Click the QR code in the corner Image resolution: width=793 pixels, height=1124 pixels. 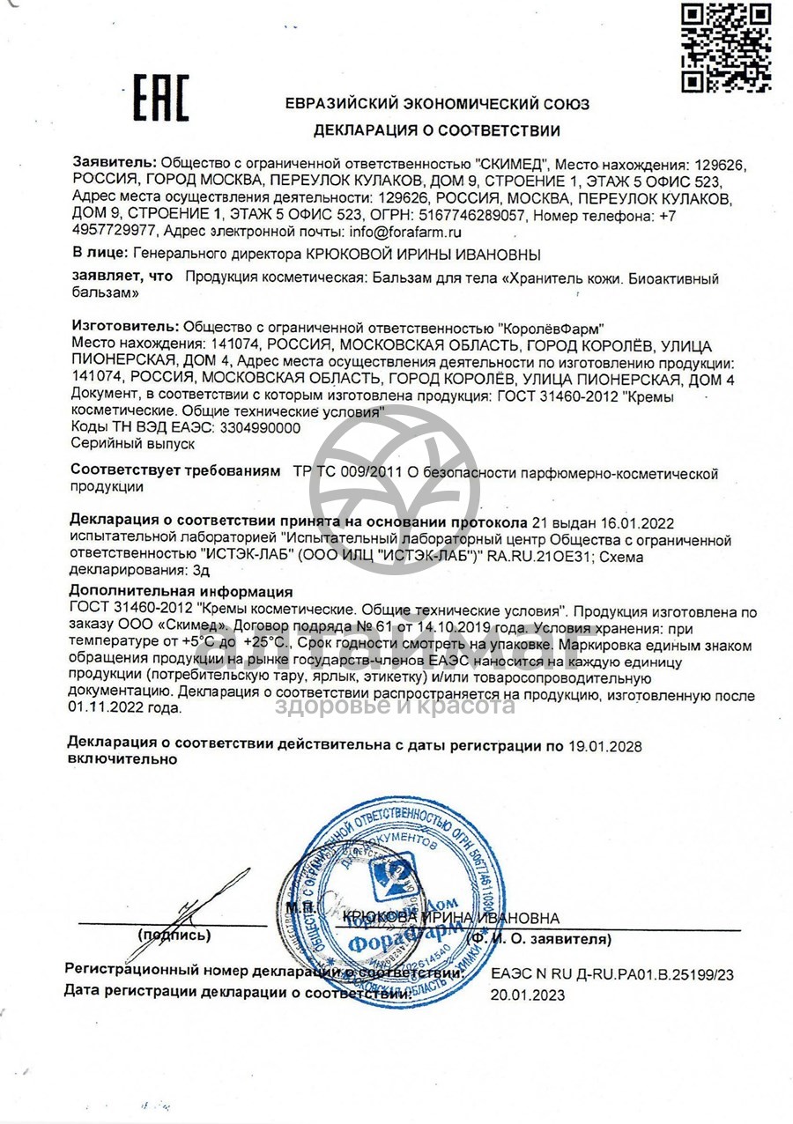point(727,48)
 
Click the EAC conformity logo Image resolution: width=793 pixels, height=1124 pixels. point(161,98)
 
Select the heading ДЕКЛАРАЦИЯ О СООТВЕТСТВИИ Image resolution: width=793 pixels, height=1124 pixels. point(437,131)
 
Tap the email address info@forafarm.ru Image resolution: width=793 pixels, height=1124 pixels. point(405,233)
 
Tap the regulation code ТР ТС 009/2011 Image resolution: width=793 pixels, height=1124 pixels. point(346,474)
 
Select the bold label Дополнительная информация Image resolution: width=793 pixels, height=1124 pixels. point(181,591)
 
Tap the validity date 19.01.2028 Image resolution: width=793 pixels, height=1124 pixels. point(605,746)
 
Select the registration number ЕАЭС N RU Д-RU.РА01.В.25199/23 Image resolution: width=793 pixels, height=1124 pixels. point(612,975)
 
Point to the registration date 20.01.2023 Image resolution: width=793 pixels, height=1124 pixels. point(528,995)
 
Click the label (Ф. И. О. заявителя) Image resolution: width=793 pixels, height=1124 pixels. point(539,939)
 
